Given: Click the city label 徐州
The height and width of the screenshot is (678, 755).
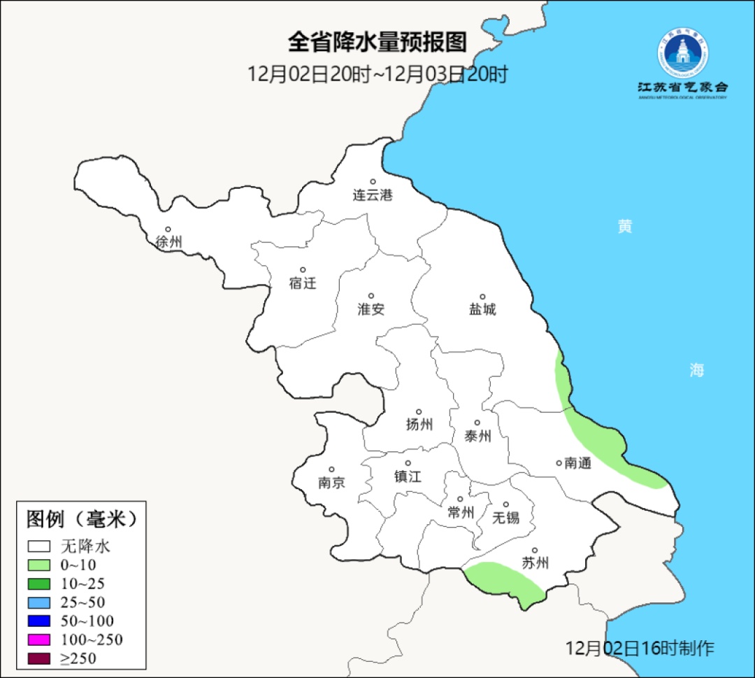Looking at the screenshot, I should pos(168,242).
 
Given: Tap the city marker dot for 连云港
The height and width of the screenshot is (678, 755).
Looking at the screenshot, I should pos(373,182).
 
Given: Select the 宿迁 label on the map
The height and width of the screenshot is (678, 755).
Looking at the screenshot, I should pos(303,283).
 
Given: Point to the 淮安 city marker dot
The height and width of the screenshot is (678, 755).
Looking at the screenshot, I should pos(371,296).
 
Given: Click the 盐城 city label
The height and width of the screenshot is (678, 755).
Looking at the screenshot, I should pos(482,309).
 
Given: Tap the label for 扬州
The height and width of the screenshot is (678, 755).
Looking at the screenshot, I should pos(419,424).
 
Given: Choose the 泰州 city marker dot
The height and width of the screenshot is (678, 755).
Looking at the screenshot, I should pos(477,423).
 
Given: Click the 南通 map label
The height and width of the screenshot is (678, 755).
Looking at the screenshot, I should pos(577,462).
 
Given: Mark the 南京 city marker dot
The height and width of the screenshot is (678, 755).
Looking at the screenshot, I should pos(331,470).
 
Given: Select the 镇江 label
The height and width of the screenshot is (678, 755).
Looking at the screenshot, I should pos(408,476).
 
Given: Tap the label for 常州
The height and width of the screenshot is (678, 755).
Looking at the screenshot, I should pos(461,513).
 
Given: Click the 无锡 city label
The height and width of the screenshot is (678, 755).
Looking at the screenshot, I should pos(506,518).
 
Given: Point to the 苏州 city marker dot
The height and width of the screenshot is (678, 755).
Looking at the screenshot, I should pos(535,551).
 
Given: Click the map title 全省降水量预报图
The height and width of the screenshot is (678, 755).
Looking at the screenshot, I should pos(377,42).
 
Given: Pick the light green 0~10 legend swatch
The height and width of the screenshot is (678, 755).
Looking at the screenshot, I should pos(39,565).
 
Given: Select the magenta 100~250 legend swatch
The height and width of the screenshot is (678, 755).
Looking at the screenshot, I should pos(39,640).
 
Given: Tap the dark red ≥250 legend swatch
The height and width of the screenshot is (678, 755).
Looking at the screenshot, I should pos(39,658).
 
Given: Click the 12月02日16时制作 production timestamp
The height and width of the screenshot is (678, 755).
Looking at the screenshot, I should pos(640,648).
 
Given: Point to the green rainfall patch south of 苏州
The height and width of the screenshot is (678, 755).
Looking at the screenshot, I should pos(505,579).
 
